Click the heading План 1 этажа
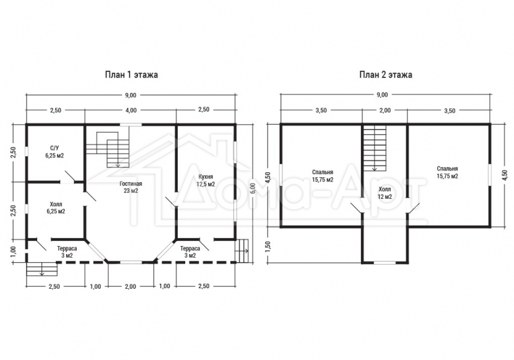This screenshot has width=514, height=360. click(x=131, y=75)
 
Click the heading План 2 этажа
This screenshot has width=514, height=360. click(x=386, y=75)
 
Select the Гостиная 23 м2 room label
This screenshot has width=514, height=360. click(x=131, y=187)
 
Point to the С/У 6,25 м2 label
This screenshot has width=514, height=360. click(x=54, y=152)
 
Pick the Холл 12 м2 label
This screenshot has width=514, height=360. click(x=385, y=193)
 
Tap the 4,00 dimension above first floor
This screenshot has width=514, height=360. click(x=131, y=110)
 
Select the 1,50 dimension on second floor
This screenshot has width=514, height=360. click(x=268, y=246)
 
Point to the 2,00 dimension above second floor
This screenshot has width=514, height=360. click(x=385, y=110)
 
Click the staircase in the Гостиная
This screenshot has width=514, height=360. click(x=108, y=149)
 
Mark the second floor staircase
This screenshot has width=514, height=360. click(x=375, y=148)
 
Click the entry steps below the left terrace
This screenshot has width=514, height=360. click(x=41, y=269)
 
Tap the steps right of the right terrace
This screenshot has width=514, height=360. click(x=242, y=251)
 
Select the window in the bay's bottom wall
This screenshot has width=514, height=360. click(x=131, y=262)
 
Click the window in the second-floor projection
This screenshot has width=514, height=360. click(x=385, y=262)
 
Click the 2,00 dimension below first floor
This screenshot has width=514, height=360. click(x=130, y=286)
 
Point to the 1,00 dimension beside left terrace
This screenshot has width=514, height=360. click(x=13, y=251)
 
